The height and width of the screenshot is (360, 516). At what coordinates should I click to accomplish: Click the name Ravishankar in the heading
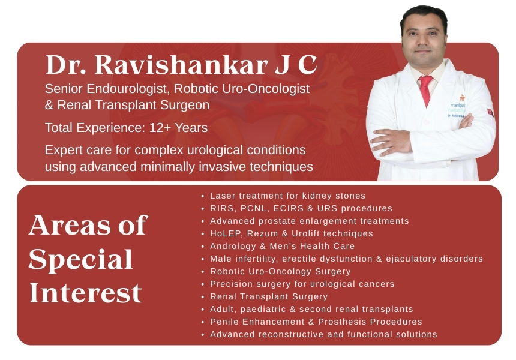click(181, 64)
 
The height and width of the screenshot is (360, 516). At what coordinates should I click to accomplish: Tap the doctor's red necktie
click(425, 91)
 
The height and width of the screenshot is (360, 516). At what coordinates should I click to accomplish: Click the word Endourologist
click(128, 89)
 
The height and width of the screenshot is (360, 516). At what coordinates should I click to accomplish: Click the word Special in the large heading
click(80, 260)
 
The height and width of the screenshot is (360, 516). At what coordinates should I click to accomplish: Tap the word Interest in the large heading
click(86, 293)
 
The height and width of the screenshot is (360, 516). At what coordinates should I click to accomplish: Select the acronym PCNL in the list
click(255, 209)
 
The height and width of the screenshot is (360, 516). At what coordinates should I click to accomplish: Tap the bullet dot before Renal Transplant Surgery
click(203, 297)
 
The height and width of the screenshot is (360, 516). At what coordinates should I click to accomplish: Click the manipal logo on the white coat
click(458, 104)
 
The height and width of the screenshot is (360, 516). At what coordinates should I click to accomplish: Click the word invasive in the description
click(223, 167)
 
